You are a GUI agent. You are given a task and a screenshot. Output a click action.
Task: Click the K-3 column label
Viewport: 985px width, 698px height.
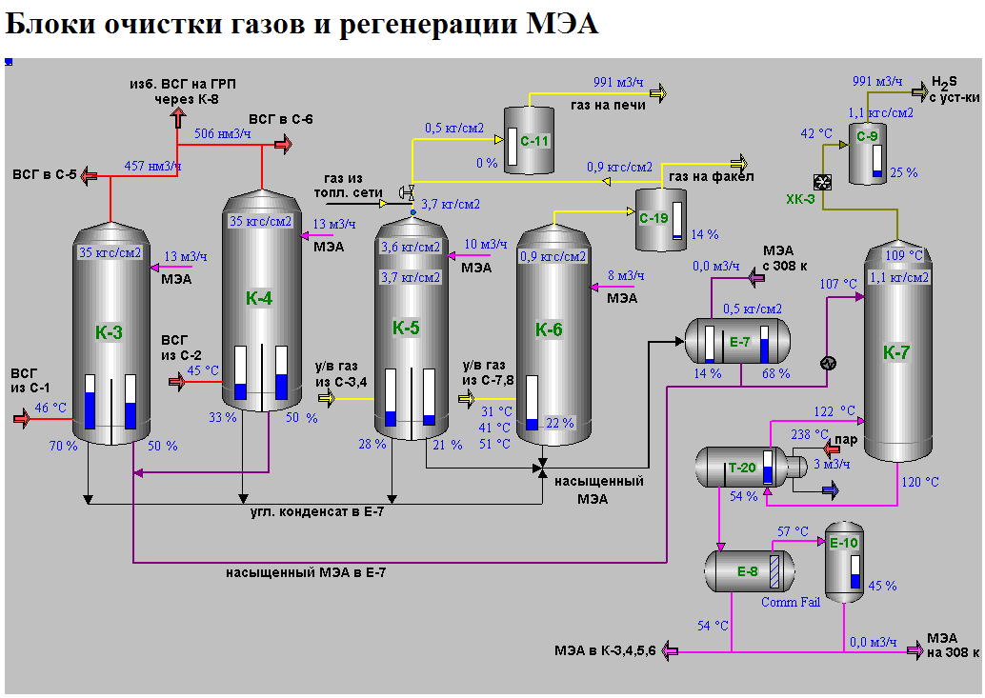pyautogui.click(x=109, y=332)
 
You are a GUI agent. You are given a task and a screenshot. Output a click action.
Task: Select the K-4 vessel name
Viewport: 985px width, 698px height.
pyautogui.click(x=259, y=298)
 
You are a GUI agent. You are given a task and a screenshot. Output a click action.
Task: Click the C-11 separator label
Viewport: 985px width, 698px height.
pyautogui.click(x=536, y=141)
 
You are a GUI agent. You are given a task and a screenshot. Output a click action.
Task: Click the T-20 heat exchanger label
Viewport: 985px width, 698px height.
pyautogui.click(x=742, y=467)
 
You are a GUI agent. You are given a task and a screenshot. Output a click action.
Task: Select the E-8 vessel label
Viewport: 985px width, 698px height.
pyautogui.click(x=748, y=572)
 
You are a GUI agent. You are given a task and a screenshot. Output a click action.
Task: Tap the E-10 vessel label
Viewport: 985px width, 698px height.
pyautogui.click(x=844, y=544)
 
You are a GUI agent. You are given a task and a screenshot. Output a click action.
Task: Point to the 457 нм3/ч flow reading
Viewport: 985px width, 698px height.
pyautogui.click(x=152, y=166)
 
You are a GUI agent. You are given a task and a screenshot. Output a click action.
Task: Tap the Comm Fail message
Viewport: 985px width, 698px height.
pyautogui.click(x=791, y=603)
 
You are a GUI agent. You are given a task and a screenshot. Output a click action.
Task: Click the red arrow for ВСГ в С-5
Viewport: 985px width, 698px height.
pyautogui.click(x=88, y=174)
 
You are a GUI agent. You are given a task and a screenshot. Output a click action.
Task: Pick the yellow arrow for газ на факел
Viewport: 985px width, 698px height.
pyautogui.click(x=739, y=162)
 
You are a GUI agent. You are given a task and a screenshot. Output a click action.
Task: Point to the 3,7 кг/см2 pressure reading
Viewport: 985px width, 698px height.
pyautogui.click(x=450, y=204)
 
